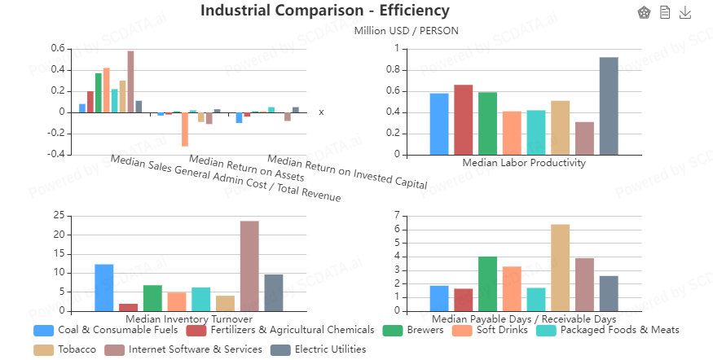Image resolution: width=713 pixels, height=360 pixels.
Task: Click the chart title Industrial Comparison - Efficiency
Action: tap(324, 11)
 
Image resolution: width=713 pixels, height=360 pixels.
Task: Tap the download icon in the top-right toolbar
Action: tap(685, 12)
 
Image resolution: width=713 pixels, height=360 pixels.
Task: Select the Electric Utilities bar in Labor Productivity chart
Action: tap(609, 106)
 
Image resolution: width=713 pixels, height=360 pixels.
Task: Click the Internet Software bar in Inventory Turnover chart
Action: tap(249, 266)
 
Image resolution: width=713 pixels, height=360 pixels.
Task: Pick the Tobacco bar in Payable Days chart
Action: tap(560, 268)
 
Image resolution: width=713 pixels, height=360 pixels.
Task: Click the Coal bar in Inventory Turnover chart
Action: tap(104, 288)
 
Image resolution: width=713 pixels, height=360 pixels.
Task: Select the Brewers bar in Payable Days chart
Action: tap(487, 283)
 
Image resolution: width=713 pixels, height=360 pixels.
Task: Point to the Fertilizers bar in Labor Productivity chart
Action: tap(464, 120)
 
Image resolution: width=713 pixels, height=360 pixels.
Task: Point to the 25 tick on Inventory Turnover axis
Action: tap(57, 216)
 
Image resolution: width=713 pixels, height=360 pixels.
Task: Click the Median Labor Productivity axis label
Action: tap(524, 163)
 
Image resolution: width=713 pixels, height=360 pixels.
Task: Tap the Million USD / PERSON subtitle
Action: tap(406, 31)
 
